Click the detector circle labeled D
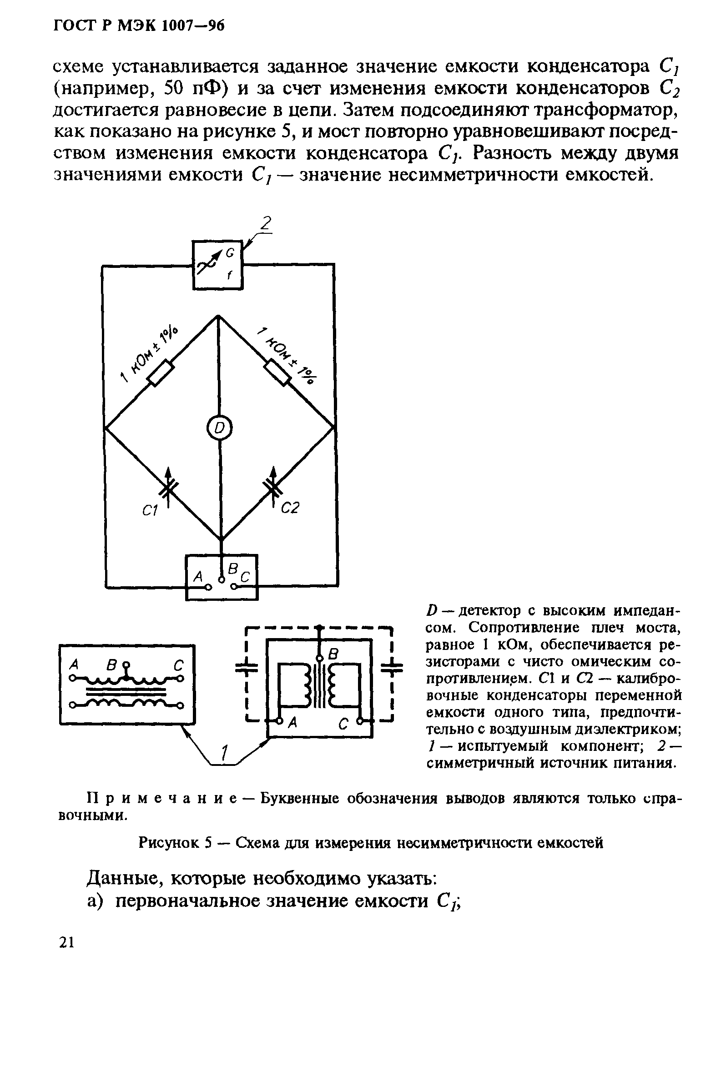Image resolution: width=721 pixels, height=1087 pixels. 219,428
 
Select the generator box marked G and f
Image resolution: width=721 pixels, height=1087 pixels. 217,265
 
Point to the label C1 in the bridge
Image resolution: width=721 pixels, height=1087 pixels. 150,511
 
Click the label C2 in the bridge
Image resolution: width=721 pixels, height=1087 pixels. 290,508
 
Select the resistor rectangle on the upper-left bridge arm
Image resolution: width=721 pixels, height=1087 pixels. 161,372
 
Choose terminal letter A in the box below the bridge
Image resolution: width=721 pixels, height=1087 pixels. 198,575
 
